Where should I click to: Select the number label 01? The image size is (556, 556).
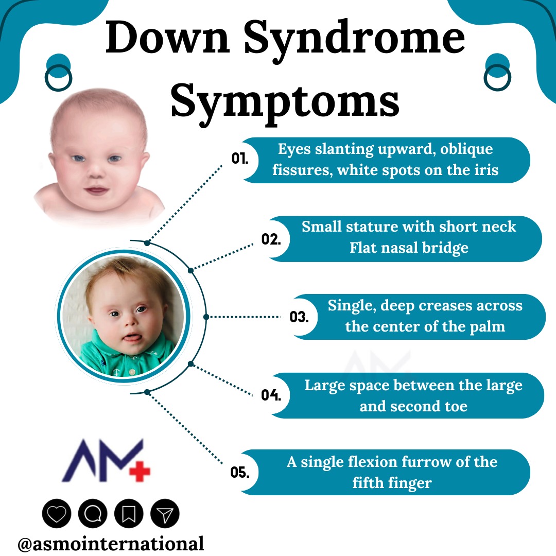point(239,159)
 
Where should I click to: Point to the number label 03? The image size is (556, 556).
point(299,317)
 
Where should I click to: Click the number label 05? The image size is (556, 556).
point(240,472)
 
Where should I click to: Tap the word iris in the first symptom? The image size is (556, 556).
point(483,170)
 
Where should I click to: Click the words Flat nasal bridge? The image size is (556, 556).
point(409,248)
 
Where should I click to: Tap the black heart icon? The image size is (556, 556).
point(56,513)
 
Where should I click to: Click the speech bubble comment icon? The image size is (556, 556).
point(93,513)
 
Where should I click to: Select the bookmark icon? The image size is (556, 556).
point(129,513)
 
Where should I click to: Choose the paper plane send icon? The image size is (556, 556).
point(165,513)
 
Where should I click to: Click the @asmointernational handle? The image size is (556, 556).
point(111,543)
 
